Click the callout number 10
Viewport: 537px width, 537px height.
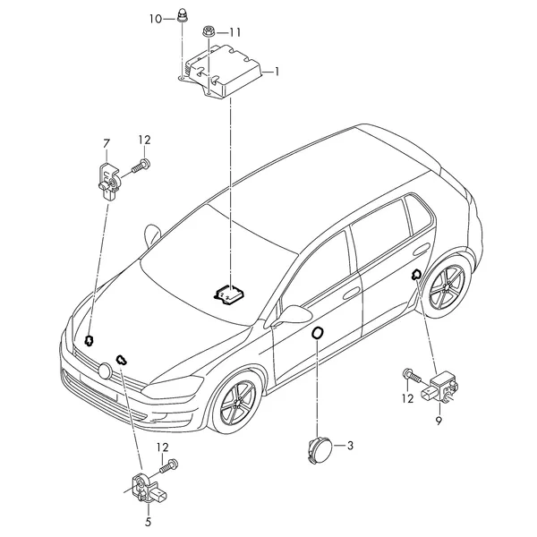tap(156, 19)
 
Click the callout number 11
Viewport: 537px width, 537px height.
tap(234, 32)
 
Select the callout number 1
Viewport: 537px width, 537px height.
tap(277, 72)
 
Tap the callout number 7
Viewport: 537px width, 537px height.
tap(107, 143)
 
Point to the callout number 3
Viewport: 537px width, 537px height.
tap(350, 446)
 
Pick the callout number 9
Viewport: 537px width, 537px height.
tap(439, 421)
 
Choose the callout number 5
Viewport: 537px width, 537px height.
tap(148, 522)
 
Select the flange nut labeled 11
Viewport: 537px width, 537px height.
tap(208, 31)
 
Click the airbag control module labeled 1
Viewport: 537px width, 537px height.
tap(223, 71)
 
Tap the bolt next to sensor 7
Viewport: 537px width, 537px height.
tap(141, 165)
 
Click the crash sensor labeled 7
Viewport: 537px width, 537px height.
tap(108, 181)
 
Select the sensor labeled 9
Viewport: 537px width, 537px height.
tap(439, 388)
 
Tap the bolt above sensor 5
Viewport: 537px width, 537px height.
tap(169, 465)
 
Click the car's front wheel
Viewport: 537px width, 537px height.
tap(237, 401)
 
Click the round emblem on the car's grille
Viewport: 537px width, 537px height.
tap(105, 371)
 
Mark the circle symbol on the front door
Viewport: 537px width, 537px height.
tap(318, 333)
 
